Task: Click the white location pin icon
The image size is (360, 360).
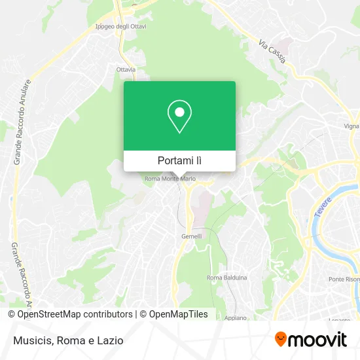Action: click(x=179, y=116)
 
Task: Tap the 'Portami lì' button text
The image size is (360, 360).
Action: click(x=179, y=160)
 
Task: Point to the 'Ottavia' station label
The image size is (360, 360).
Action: click(x=126, y=69)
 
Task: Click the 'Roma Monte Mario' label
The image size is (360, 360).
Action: click(x=170, y=178)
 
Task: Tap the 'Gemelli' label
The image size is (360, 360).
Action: click(x=191, y=236)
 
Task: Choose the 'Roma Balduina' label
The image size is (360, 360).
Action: click(x=226, y=278)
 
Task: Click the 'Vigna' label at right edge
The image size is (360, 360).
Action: click(x=351, y=126)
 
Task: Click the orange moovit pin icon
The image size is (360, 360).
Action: click(x=281, y=339)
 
